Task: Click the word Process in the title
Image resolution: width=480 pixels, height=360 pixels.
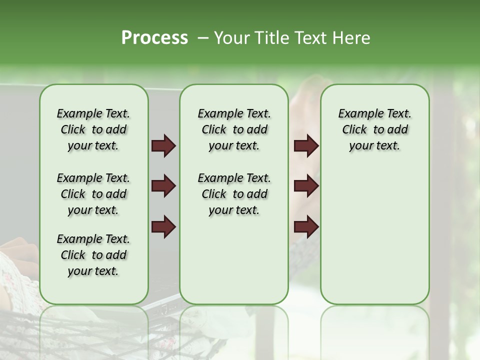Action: coord(154,38)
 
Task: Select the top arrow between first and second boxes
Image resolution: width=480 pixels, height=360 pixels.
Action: coord(163,146)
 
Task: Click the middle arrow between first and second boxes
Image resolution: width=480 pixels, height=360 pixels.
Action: coord(163,186)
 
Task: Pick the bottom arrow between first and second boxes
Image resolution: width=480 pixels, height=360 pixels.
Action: coord(163,226)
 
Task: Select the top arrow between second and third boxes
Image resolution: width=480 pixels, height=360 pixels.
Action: coord(306,146)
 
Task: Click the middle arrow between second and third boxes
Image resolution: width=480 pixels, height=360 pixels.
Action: coord(306,186)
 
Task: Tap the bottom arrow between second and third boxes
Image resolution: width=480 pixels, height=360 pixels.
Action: coord(306,226)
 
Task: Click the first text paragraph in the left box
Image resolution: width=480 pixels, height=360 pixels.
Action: coord(93,129)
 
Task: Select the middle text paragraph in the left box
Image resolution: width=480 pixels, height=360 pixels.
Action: coord(93,194)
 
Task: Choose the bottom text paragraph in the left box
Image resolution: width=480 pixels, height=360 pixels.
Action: coord(93,255)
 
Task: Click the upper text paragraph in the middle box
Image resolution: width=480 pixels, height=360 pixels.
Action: coord(234,129)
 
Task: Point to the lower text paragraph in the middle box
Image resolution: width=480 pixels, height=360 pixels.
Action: coord(234,194)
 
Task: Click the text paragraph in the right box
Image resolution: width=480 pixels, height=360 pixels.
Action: coord(374,129)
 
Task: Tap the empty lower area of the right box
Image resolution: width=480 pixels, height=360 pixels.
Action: coord(374,235)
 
